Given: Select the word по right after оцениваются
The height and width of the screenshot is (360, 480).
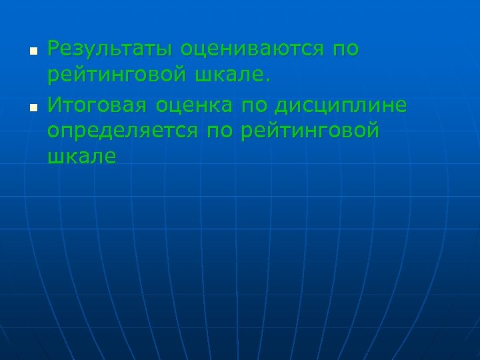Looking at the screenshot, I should [343, 49].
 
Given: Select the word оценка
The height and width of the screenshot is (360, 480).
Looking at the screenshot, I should [202, 105].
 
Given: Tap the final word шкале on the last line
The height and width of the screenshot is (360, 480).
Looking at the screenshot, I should [82, 157].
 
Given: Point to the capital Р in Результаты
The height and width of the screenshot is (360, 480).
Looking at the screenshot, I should [54, 49].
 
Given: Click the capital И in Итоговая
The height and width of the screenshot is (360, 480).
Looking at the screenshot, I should [55, 105].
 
